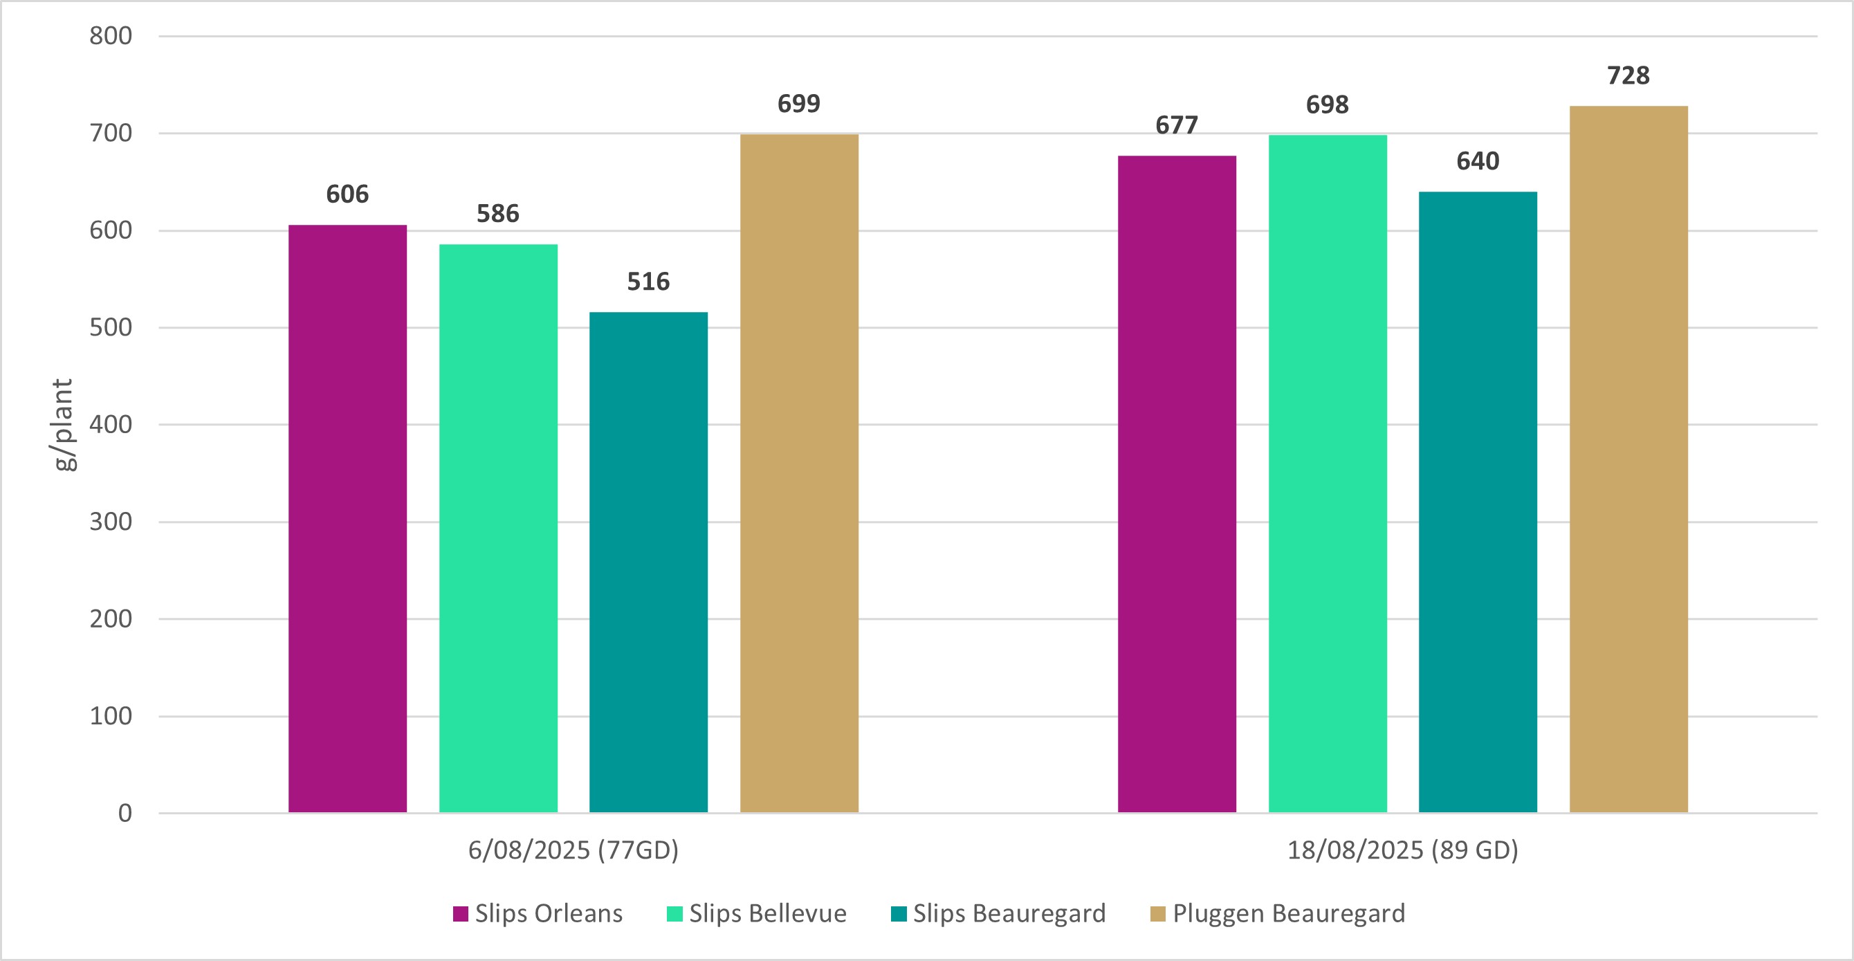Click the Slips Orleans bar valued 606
tap(347, 518)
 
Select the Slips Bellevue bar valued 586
tap(498, 529)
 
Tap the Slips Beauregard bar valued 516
tap(648, 562)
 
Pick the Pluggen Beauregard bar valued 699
tap(799, 473)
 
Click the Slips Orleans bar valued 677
tap(1177, 484)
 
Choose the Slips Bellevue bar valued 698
tap(1327, 474)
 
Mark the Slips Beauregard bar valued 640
tap(1478, 502)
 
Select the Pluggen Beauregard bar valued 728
tap(1628, 459)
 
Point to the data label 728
tap(1628, 75)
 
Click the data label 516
tap(648, 282)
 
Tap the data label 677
tap(1177, 125)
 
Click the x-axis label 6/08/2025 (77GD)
tap(573, 850)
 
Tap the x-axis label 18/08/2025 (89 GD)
tap(1403, 850)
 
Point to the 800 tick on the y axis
tap(111, 36)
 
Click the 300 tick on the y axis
tap(111, 522)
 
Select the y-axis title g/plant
tap(64, 425)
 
